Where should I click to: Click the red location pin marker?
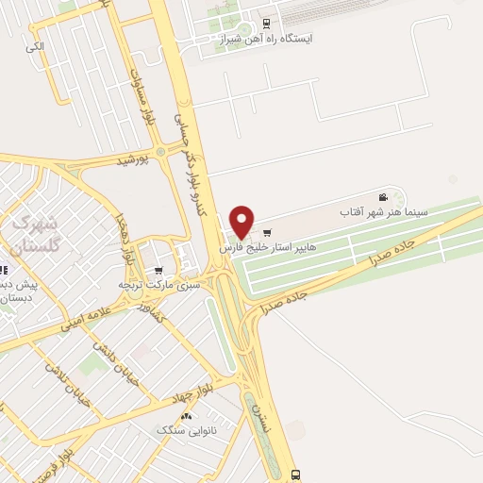click(242, 221)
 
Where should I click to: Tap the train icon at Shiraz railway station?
click(266, 25)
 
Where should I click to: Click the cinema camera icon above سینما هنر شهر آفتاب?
click(383, 197)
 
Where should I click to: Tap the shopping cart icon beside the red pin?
click(267, 232)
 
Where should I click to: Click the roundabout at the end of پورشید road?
click(160, 151)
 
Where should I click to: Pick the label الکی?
click(35, 45)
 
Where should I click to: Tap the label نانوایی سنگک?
click(185, 430)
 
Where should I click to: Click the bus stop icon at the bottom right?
click(296, 475)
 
